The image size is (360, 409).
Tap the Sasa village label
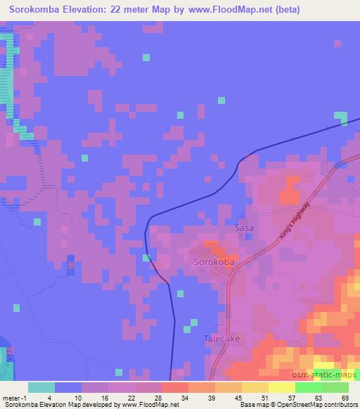click(x=244, y=229)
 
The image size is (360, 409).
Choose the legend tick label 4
click(x=42, y=398)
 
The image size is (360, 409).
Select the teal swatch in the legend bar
click(x=41, y=387)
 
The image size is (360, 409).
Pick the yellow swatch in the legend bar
click(x=255, y=387)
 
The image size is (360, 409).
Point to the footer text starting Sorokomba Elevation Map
click(x=85, y=405)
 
